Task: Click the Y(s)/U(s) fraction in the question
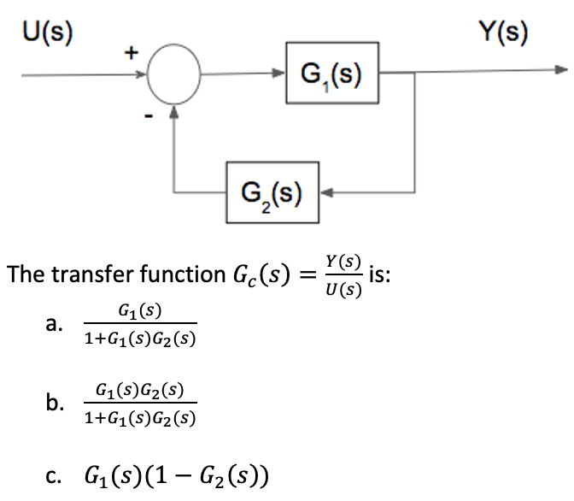[x=342, y=274]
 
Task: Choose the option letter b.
[x=55, y=403]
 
